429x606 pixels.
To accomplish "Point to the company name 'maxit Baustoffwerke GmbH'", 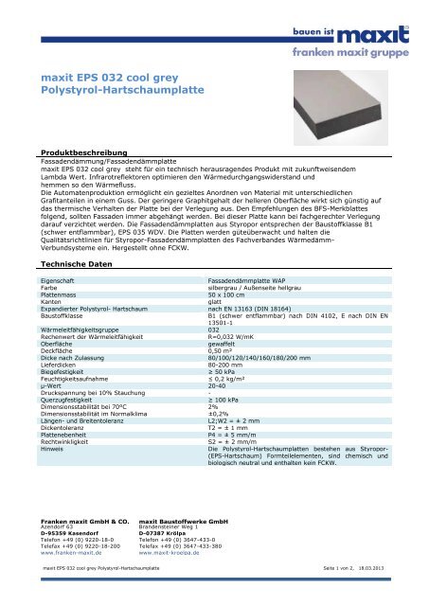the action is [x=179, y=494].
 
